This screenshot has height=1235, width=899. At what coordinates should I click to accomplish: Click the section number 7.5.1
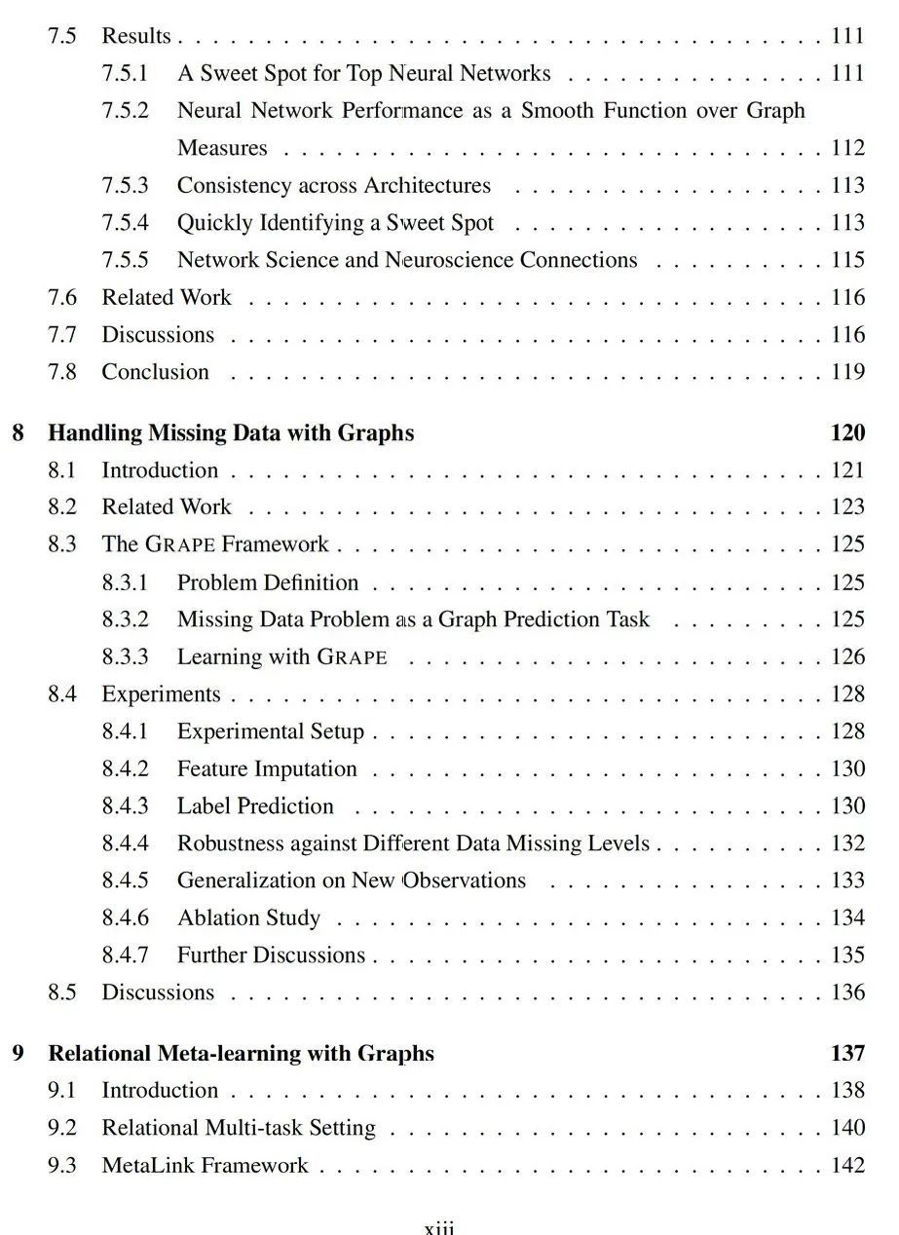(x=125, y=74)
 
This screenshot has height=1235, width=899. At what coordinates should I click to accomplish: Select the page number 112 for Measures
(x=847, y=149)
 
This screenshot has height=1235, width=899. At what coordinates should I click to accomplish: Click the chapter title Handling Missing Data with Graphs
(x=231, y=433)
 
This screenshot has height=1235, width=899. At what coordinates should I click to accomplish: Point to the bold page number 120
(x=847, y=433)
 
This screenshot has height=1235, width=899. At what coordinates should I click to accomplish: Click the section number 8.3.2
(x=125, y=619)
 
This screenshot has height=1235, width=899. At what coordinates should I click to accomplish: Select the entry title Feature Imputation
(x=267, y=769)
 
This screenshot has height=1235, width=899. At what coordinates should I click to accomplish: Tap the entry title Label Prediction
(x=255, y=806)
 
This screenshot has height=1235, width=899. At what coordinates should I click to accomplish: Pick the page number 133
(x=847, y=880)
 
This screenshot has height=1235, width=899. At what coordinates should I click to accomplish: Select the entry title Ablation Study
(x=248, y=918)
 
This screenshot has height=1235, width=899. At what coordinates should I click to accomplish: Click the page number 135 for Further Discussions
(x=847, y=955)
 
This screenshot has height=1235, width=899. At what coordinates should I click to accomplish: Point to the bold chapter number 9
(x=19, y=1054)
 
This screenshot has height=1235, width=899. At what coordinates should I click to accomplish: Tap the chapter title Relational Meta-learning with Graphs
(x=242, y=1054)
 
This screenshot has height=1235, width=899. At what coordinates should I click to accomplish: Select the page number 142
(x=847, y=1166)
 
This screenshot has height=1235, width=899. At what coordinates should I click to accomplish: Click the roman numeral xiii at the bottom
(x=439, y=1226)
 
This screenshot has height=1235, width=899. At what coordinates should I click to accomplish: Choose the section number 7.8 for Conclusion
(x=61, y=372)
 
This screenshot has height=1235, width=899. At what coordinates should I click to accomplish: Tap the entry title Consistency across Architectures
(x=334, y=186)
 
